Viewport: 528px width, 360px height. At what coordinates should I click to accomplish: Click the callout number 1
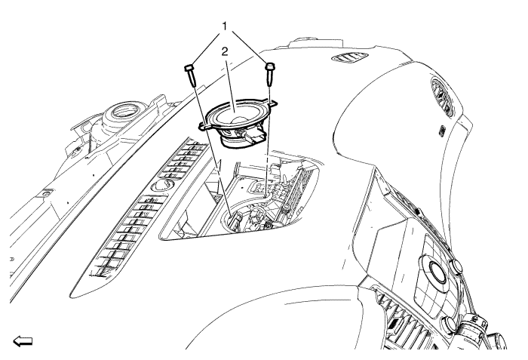click(224, 26)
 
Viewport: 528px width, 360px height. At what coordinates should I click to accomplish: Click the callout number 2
click(225, 51)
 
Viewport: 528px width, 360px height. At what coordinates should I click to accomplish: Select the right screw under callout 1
click(270, 74)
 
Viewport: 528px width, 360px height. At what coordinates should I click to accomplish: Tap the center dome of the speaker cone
click(239, 122)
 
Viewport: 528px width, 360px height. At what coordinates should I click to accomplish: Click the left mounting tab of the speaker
click(203, 126)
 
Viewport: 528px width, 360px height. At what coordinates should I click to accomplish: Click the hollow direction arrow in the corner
click(23, 341)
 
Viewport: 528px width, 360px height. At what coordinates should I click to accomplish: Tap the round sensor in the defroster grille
click(164, 186)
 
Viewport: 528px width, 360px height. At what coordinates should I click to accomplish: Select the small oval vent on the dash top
click(349, 58)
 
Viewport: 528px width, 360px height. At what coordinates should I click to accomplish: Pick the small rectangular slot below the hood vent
click(441, 131)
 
